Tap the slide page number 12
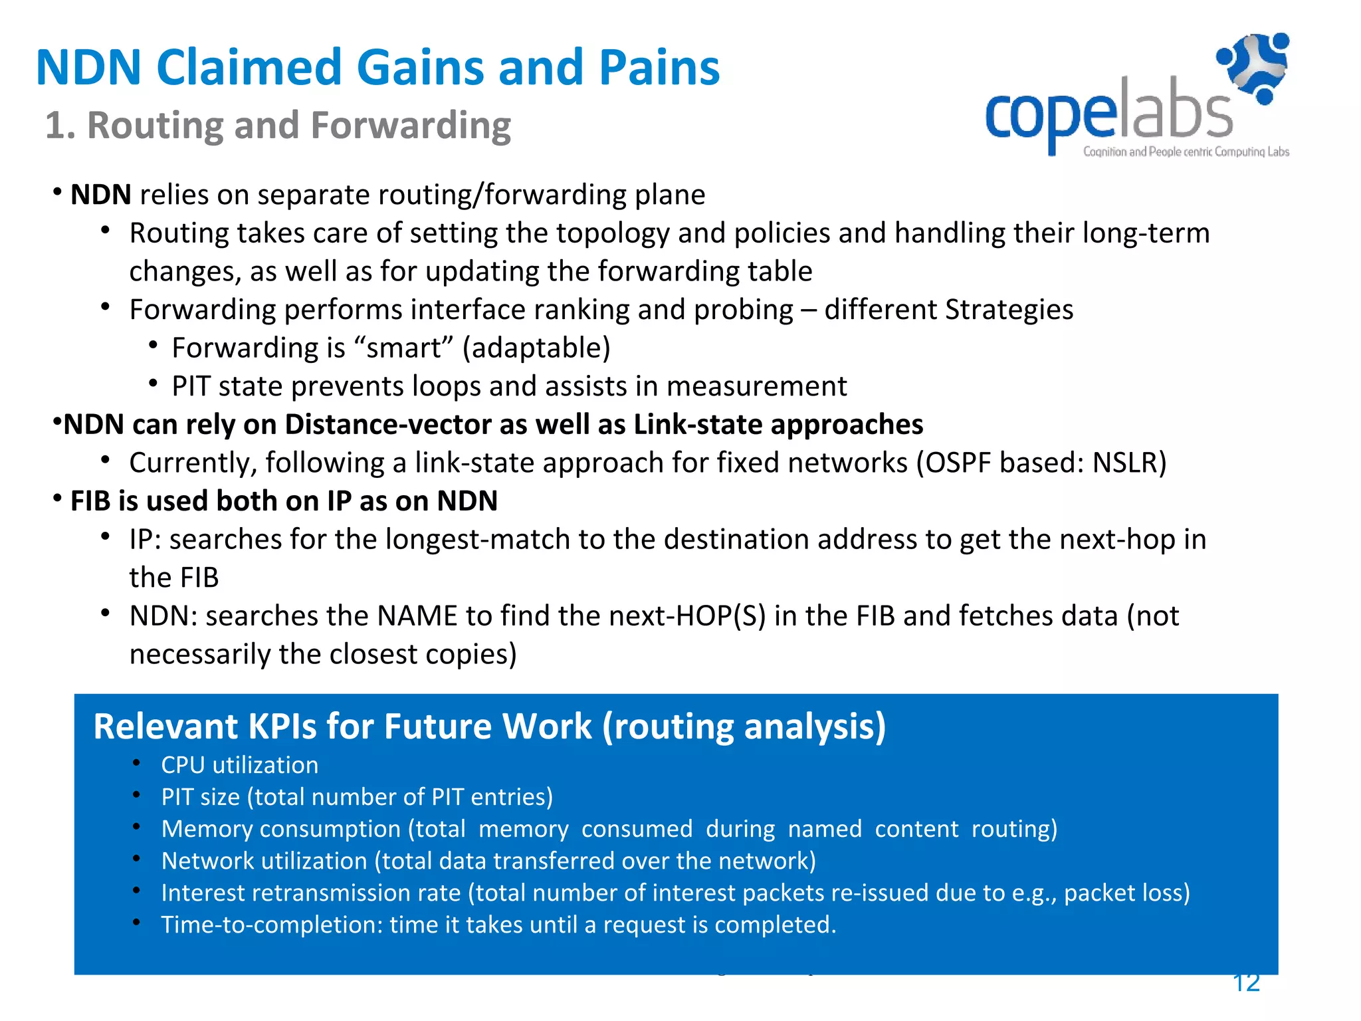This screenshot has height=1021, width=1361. coord(1246,982)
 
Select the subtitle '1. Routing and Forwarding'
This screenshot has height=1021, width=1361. coord(278,125)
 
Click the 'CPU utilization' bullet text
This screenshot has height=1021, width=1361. coord(239,765)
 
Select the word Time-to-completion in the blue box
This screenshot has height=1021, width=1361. coord(272,925)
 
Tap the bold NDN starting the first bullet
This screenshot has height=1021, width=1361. coord(101,195)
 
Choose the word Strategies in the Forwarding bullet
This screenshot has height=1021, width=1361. coord(1009,310)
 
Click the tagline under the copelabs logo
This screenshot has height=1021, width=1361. coord(1186,152)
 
